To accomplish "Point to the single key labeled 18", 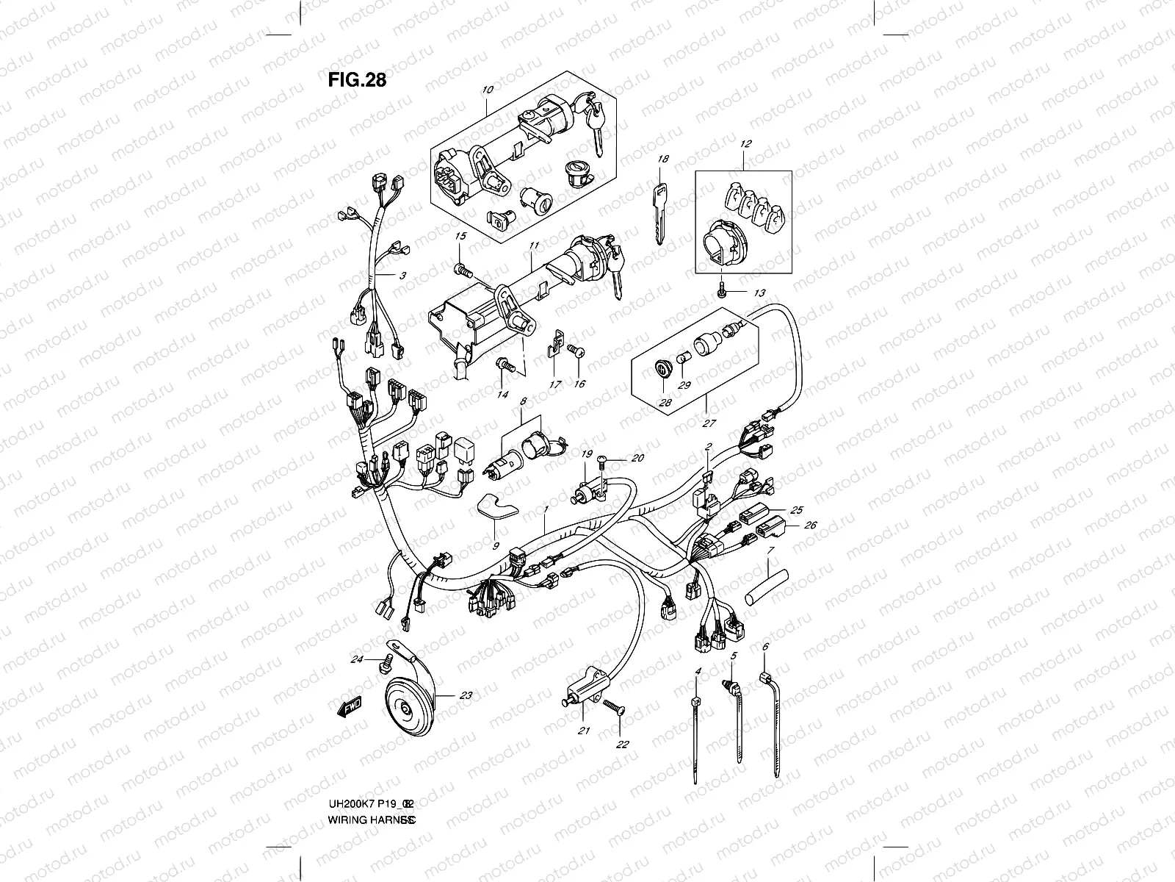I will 659,200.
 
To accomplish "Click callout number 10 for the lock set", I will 488,90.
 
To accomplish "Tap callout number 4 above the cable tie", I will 698,671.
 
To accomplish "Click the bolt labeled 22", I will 614,709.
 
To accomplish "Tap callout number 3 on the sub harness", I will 402,276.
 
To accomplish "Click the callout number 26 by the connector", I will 811,526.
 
